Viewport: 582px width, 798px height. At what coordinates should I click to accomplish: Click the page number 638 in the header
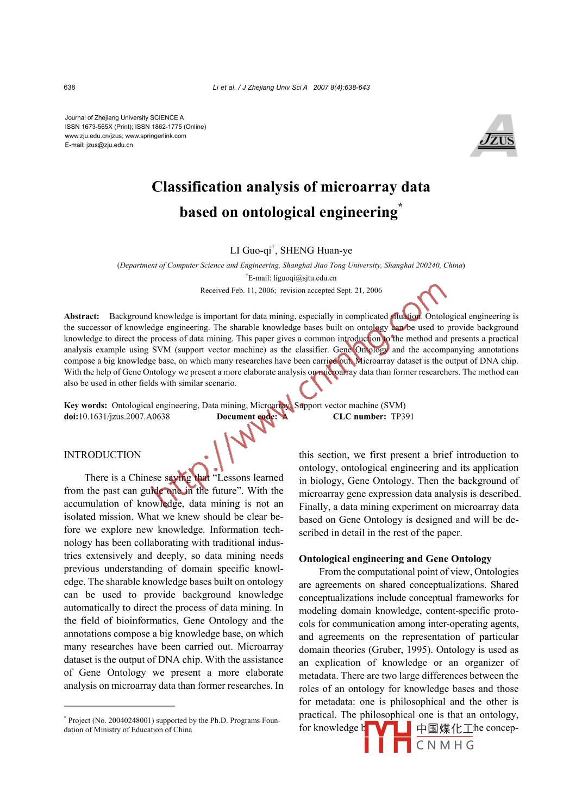(x=70, y=88)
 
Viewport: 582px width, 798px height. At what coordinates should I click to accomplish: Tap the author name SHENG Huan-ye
(x=316, y=251)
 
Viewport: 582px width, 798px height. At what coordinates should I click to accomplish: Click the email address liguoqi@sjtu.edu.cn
(x=305, y=278)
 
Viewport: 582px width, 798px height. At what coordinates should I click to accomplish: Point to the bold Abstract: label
(x=82, y=316)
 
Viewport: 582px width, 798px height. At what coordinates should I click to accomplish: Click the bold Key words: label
(x=85, y=406)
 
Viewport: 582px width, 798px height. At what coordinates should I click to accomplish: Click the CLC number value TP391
(x=403, y=417)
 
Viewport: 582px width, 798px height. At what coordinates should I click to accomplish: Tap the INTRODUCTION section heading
(x=102, y=455)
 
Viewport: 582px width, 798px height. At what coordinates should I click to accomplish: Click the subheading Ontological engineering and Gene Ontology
(x=395, y=559)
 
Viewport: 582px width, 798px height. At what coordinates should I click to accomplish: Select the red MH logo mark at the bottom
(x=387, y=737)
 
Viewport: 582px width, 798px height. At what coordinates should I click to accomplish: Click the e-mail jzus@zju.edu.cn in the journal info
(x=109, y=145)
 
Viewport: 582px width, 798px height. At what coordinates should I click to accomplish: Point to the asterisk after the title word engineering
(x=400, y=205)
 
